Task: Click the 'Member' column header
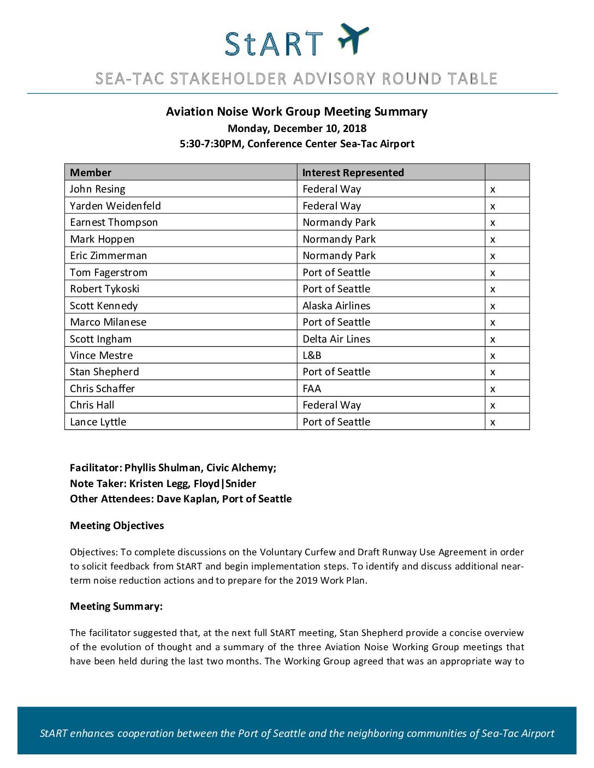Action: pos(91,172)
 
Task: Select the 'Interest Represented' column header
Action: pos(353,172)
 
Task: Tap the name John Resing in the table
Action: pos(97,189)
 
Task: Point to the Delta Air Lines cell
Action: pos(336,339)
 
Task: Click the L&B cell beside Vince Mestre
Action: pos(312,355)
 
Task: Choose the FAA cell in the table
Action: pos(312,388)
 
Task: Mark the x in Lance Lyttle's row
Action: pos(492,422)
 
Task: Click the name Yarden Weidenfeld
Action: pos(115,206)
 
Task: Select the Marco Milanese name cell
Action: pos(108,322)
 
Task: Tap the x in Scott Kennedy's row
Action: pos(492,306)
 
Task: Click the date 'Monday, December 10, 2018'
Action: pos(297,129)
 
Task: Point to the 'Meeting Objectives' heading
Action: pos(117,525)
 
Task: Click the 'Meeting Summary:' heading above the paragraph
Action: pos(116,606)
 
